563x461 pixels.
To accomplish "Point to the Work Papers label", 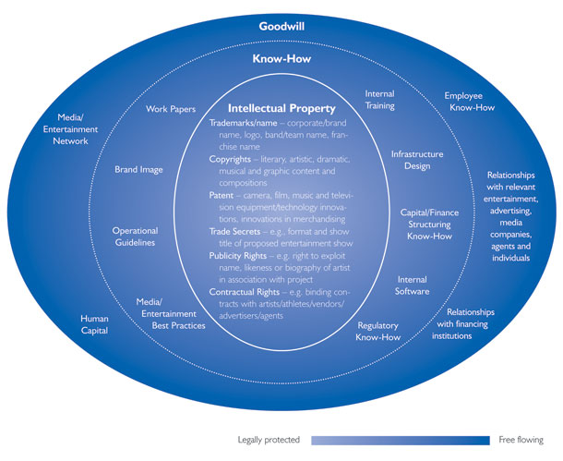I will pos(171,109).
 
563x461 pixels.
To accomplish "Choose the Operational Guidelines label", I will pos(135,237).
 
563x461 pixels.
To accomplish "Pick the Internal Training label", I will pos(379,100).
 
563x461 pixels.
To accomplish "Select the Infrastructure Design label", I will pos(417,160).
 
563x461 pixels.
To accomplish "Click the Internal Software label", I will pos(412,285).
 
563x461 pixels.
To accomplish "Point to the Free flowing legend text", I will pos(521,440).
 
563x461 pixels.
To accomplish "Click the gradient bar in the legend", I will pos(400,440).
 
